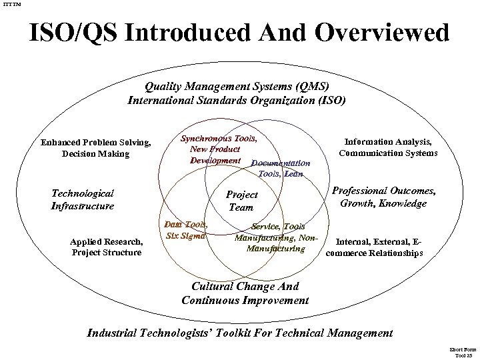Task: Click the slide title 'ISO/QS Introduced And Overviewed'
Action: click(239, 33)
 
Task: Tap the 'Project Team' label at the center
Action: click(242, 201)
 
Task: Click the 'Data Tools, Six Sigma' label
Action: click(186, 230)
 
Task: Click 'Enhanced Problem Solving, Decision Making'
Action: click(95, 148)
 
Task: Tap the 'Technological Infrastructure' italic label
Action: click(83, 199)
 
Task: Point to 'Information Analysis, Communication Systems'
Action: click(388, 147)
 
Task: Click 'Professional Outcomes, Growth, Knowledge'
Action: click(383, 197)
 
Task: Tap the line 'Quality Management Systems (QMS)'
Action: click(237, 87)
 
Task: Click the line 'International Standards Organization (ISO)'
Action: click(237, 101)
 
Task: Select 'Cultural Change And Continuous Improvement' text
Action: click(245, 293)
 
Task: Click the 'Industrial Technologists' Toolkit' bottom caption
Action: click(241, 333)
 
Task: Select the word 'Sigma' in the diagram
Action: click(193, 235)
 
